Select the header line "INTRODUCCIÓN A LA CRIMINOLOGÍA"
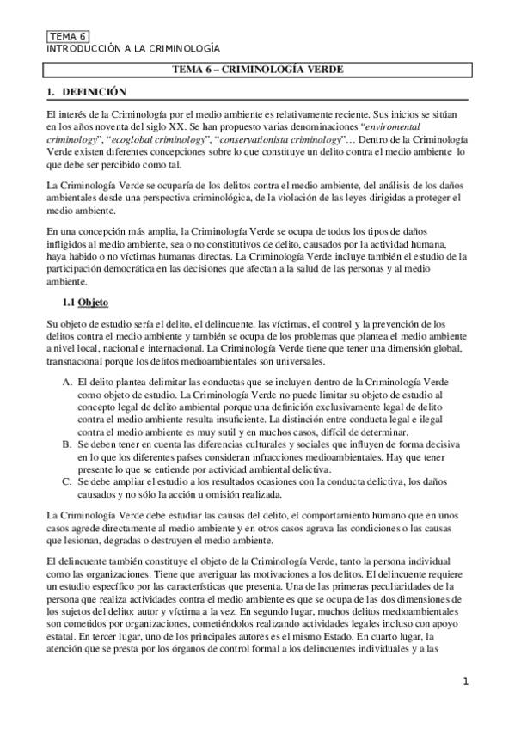pos(132,49)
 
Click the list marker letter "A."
pos(67,380)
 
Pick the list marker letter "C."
pos(67,481)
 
